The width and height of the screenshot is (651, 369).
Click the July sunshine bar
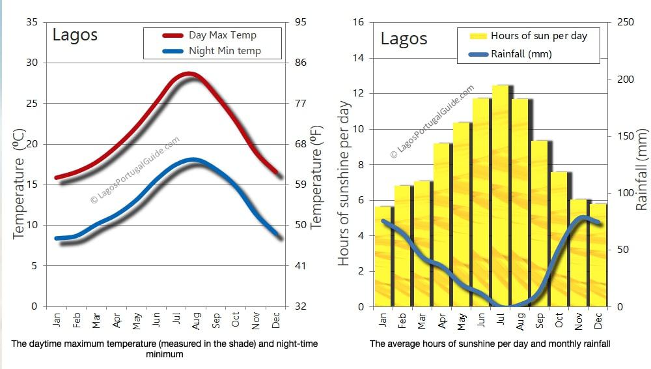(x=501, y=196)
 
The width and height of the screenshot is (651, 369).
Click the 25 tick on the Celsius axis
(x=32, y=103)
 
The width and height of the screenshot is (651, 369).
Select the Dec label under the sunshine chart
(x=598, y=320)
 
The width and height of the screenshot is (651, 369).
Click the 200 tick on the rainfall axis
(x=622, y=80)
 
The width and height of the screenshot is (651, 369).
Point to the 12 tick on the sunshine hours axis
(x=358, y=94)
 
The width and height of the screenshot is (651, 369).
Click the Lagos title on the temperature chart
(x=75, y=35)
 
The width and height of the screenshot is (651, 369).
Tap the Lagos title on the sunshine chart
(x=404, y=38)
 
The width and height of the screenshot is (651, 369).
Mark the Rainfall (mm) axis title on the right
(x=642, y=170)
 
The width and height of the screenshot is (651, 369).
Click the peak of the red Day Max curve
(x=189, y=74)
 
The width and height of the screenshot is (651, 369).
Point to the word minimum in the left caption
(x=165, y=355)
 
